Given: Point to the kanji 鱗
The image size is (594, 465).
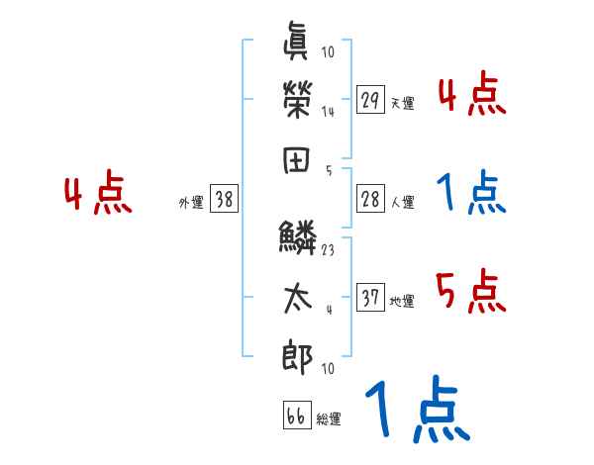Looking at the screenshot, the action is point(297,237).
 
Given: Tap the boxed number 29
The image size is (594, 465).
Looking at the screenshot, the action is point(371,100).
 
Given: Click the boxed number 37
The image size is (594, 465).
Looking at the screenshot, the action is point(371,297).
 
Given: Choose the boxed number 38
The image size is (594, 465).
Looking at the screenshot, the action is point(224,200).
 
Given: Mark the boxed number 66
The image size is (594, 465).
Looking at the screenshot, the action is point(296,416).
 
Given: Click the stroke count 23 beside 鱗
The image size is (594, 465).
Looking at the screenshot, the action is point(328,250).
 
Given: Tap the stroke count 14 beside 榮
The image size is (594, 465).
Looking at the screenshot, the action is point(328,112).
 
